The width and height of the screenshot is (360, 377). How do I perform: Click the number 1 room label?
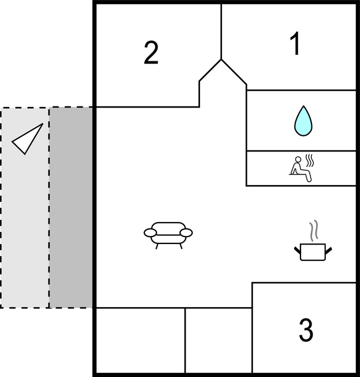(295, 45)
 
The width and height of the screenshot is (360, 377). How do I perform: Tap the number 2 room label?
(151, 53)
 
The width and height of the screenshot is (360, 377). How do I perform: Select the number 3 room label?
(306, 330)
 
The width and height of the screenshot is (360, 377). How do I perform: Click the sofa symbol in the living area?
(168, 234)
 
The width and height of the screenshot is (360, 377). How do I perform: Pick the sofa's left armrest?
(150, 233)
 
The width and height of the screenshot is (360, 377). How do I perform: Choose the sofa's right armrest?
(186, 233)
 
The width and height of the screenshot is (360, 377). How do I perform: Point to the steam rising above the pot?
(313, 231)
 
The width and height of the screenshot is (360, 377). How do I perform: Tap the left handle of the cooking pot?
(298, 249)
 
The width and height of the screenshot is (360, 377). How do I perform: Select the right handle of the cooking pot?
(329, 249)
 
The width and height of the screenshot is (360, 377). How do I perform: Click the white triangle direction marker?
(29, 141)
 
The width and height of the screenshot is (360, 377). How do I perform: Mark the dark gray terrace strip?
(72, 207)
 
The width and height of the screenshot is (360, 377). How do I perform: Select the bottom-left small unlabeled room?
(140, 341)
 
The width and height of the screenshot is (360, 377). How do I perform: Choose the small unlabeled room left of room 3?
(218, 341)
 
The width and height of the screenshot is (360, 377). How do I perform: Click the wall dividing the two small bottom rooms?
(185, 341)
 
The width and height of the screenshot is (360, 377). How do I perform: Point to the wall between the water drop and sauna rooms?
(300, 151)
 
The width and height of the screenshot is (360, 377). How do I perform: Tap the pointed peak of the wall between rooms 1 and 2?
(221, 59)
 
